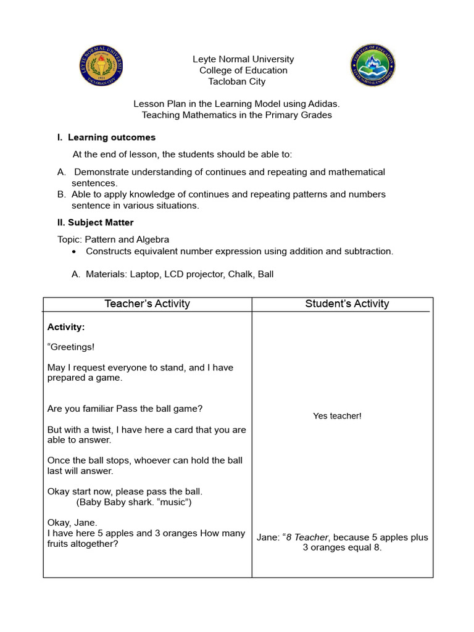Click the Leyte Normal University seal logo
[102, 65]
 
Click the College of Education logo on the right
[373, 65]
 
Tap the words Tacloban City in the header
[237, 81]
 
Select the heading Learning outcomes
[112, 137]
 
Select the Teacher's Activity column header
[148, 304]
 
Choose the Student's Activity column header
[347, 304]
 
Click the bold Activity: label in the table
[66, 327]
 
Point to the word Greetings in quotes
[73, 347]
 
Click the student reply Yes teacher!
[337, 416]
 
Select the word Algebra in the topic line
[152, 239]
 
